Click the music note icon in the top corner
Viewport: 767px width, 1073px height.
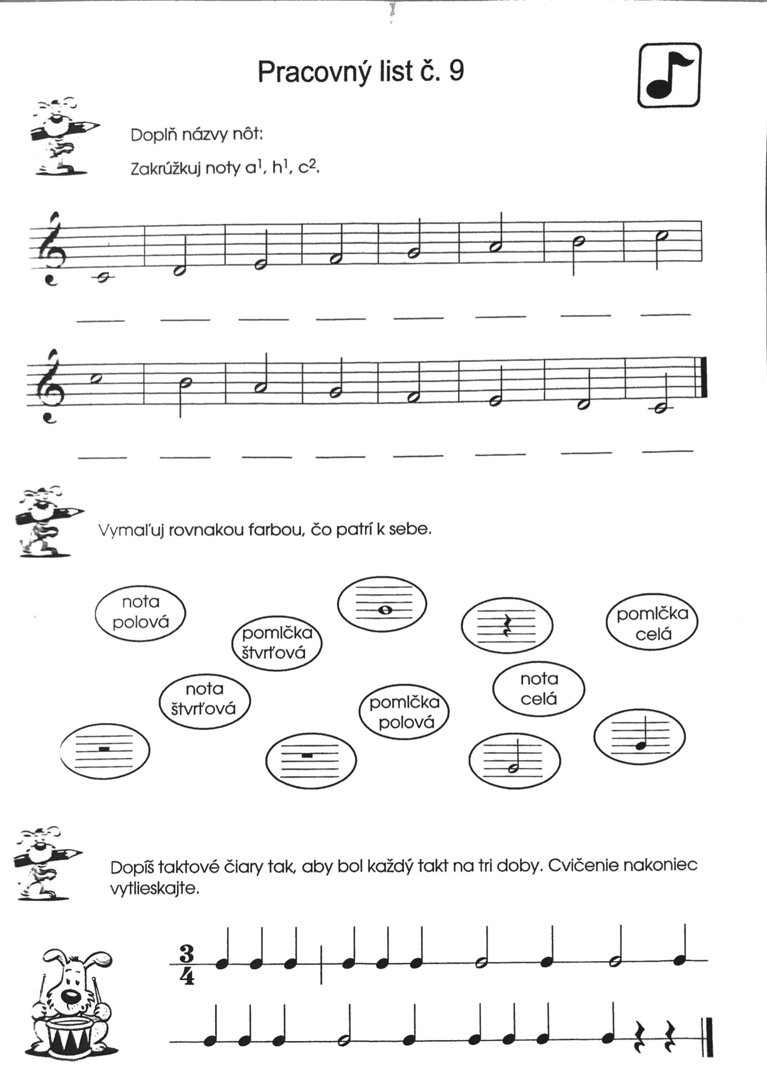click(x=669, y=75)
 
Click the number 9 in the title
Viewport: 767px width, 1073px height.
click(x=456, y=71)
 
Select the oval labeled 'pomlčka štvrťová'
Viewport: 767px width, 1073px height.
click(x=277, y=643)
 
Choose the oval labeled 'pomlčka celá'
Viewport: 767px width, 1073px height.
click(x=652, y=624)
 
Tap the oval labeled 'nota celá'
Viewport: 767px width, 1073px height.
click(x=539, y=689)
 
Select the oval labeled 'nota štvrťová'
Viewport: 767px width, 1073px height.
click(x=204, y=699)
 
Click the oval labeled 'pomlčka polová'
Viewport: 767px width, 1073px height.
click(x=404, y=712)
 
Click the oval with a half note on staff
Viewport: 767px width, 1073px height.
click(x=514, y=761)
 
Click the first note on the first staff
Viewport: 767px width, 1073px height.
click(x=102, y=276)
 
